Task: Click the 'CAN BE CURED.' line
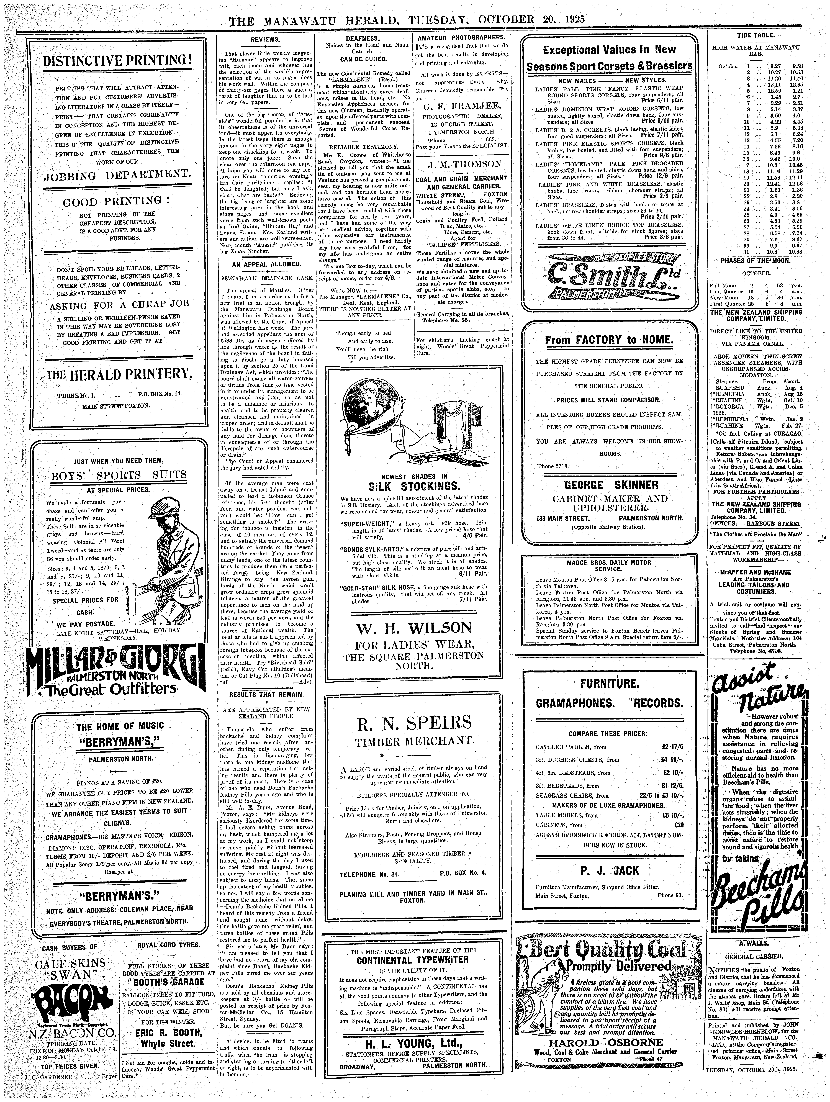tap(363, 59)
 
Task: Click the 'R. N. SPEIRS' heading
tap(413, 722)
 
